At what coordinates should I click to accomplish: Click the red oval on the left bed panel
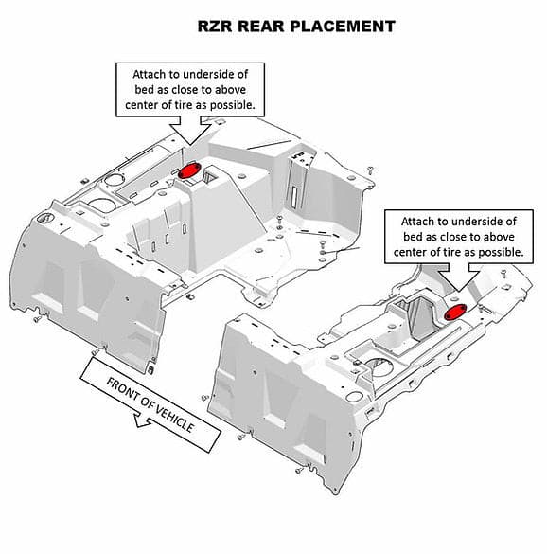coord(189,170)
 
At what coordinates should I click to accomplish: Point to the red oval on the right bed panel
coord(455,312)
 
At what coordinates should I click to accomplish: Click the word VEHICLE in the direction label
coord(174,419)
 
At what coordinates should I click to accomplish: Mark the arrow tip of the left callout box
coord(190,145)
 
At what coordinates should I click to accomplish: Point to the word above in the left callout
coord(230,90)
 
